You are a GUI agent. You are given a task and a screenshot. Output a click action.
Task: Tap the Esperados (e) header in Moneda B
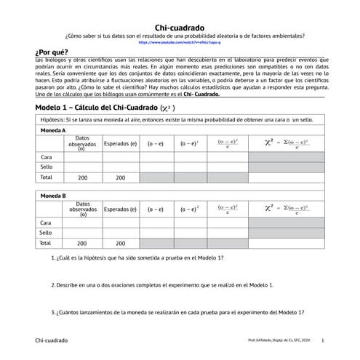[119, 209]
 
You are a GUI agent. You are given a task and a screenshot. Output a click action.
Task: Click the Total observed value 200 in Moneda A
[82, 177]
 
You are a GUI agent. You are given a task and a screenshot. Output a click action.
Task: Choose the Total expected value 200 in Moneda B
[119, 244]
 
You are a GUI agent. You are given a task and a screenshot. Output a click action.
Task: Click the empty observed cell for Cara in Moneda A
[82, 156]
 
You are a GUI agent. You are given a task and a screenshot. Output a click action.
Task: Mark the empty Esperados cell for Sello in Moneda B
[119, 233]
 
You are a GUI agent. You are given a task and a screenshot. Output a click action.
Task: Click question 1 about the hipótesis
[138, 258]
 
